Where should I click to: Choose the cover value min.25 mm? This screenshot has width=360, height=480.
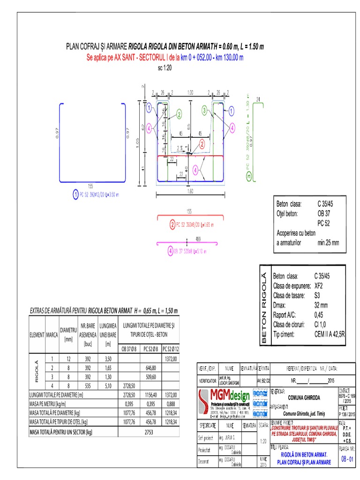click(328, 242)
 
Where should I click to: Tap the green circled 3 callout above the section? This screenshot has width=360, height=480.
click(204, 110)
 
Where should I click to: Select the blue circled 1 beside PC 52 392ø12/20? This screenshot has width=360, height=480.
click(75, 194)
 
